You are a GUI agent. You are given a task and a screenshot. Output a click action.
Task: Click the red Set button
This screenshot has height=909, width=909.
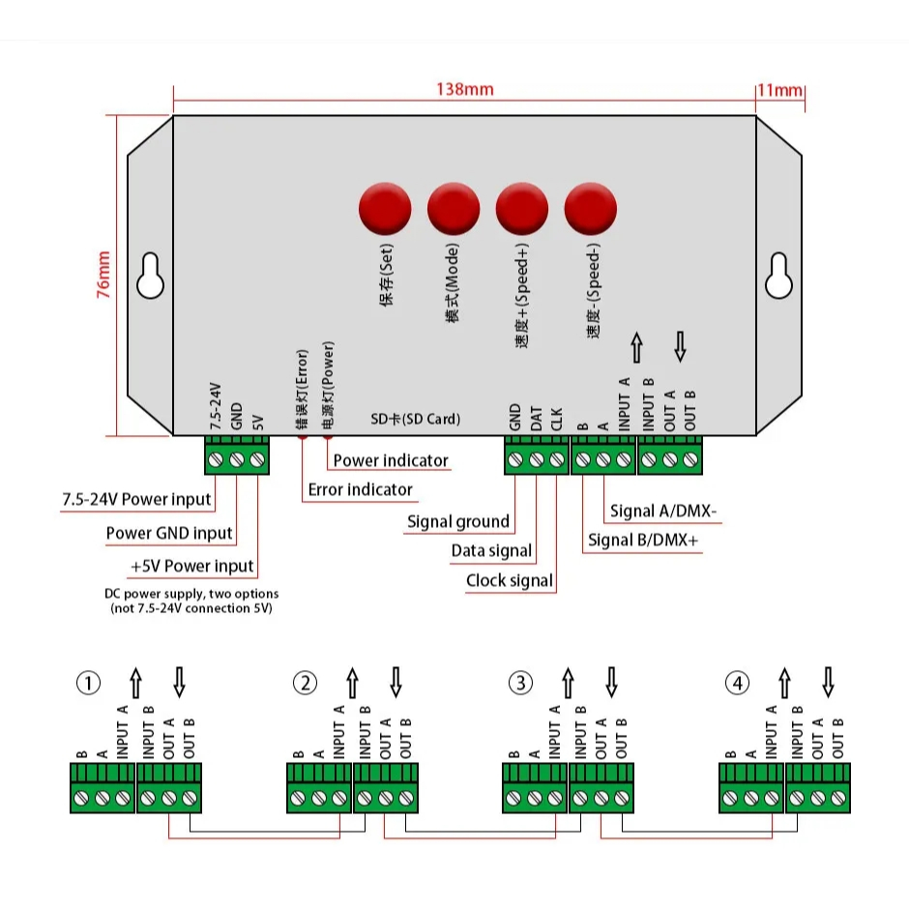(x=385, y=209)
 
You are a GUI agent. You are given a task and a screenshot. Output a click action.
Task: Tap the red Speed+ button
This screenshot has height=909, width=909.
(x=522, y=209)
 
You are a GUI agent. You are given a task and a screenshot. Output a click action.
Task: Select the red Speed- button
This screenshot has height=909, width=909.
(x=591, y=209)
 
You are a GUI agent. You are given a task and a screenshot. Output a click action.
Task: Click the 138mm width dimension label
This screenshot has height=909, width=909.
(x=464, y=90)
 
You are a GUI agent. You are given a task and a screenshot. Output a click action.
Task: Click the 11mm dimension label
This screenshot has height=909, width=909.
(x=780, y=90)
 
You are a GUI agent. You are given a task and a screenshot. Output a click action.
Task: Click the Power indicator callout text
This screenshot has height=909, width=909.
(x=391, y=460)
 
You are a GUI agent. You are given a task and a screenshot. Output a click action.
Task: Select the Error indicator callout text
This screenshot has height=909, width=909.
(x=360, y=489)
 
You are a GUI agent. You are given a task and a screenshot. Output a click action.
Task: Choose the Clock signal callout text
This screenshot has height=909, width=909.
(x=510, y=581)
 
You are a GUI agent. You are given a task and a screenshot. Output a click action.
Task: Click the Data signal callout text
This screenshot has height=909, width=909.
(x=491, y=551)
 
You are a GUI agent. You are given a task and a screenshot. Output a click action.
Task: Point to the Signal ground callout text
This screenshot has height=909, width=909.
(x=457, y=522)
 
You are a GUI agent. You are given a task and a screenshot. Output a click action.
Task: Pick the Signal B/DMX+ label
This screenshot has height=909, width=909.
(x=643, y=541)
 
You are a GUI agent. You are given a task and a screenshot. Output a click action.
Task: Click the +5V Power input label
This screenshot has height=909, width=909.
(x=191, y=566)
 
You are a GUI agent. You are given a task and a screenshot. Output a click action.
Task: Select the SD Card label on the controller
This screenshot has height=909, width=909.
(x=416, y=420)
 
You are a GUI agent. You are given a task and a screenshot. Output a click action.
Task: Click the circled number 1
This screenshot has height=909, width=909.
(x=88, y=684)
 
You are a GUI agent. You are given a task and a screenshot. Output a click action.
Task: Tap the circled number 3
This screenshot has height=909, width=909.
(x=521, y=684)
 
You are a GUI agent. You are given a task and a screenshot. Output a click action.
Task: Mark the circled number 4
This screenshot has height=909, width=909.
(x=738, y=684)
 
